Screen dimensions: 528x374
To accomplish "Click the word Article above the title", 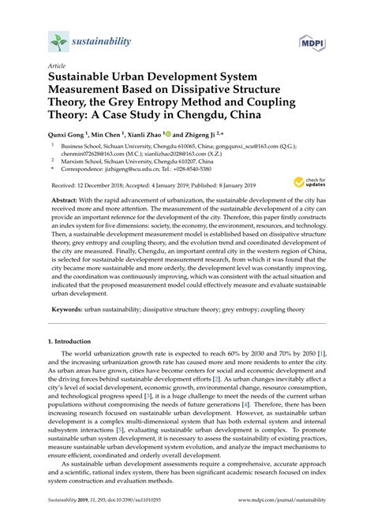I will pos(57,67).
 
